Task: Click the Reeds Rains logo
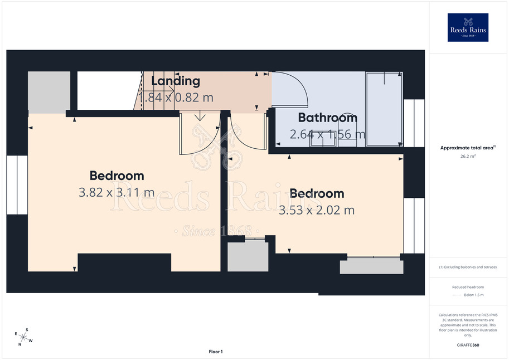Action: point(468,27)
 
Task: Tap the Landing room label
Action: point(175,81)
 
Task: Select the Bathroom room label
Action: point(328,118)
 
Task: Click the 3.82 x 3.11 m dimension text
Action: point(117,192)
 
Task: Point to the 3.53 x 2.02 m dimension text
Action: point(317,210)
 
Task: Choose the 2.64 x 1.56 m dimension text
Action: point(328,134)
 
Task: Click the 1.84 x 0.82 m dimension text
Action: point(176,98)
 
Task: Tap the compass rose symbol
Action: point(23,337)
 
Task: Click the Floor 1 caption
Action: point(216,352)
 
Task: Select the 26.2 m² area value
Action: point(468,156)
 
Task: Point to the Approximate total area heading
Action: point(468,148)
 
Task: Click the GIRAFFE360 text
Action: point(468,345)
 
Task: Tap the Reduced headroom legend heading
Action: point(468,287)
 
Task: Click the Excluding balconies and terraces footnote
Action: point(468,267)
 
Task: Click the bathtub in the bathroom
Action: point(384,109)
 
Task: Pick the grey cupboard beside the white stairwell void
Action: point(49,93)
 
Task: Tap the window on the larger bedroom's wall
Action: point(17,184)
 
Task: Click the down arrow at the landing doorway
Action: point(200,116)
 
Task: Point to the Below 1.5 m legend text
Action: point(474,295)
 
